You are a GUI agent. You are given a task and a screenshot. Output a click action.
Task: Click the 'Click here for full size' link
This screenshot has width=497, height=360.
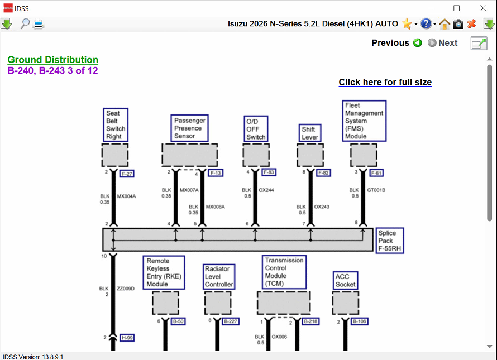[x=385, y=82]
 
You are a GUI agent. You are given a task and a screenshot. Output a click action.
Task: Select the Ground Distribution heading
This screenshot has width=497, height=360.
[x=53, y=60]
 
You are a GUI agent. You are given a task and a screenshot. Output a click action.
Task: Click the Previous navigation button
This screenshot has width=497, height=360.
[x=396, y=43]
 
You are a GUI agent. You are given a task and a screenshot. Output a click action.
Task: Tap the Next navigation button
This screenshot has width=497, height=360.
[x=442, y=43]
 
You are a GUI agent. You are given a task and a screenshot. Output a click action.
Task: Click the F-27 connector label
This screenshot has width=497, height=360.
[x=127, y=174]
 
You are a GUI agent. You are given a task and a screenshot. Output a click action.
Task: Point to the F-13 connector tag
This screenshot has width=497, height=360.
[x=216, y=173]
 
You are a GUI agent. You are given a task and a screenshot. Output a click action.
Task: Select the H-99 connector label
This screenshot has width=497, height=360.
[x=127, y=338]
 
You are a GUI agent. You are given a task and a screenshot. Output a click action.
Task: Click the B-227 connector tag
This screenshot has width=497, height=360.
[x=231, y=321]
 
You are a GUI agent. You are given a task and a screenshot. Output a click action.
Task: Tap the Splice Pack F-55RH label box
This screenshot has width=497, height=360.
[x=390, y=241]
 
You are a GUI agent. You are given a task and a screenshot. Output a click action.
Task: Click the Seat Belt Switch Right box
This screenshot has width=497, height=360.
[x=116, y=125]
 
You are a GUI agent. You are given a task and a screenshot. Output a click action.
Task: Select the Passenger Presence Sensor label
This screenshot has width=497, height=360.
[x=189, y=128]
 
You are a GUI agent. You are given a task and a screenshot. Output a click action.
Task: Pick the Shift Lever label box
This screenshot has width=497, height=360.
[x=310, y=133]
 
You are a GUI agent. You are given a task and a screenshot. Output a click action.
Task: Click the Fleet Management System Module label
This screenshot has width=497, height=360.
[x=364, y=121]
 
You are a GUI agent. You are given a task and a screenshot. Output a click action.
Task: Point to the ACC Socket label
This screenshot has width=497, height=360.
[x=345, y=280]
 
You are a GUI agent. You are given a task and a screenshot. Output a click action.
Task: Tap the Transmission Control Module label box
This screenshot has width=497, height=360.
[x=284, y=272]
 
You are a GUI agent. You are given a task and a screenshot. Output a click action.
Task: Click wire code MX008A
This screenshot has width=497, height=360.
[x=215, y=207]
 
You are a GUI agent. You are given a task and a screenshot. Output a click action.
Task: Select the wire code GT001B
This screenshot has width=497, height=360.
[x=376, y=190]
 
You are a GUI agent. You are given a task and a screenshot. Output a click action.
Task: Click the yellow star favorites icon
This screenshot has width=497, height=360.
[x=407, y=24]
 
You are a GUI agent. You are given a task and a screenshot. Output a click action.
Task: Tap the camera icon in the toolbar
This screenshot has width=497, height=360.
[x=458, y=24]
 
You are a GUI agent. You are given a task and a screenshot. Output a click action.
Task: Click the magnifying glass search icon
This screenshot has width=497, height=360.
[x=25, y=24]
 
